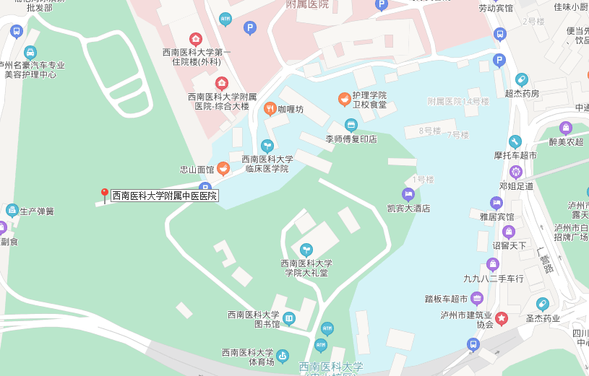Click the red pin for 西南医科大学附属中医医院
(x=104, y=195)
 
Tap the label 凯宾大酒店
(x=408, y=209)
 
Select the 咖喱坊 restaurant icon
(x=270, y=109)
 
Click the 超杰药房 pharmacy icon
(x=522, y=79)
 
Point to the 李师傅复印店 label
(x=351, y=139)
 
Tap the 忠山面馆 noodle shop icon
(x=223, y=169)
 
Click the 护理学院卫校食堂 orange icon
(x=345, y=99)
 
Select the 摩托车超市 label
(x=515, y=155)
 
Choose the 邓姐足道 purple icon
(x=515, y=172)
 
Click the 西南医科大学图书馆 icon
(x=289, y=318)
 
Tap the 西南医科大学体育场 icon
(x=283, y=355)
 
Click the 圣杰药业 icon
(x=543, y=304)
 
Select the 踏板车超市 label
(x=447, y=299)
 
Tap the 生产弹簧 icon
(x=12, y=211)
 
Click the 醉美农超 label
(x=566, y=142)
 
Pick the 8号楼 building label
(x=429, y=131)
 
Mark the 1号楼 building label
(x=423, y=180)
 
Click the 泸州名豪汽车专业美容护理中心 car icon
(x=30, y=52)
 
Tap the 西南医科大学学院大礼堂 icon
(x=306, y=250)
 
